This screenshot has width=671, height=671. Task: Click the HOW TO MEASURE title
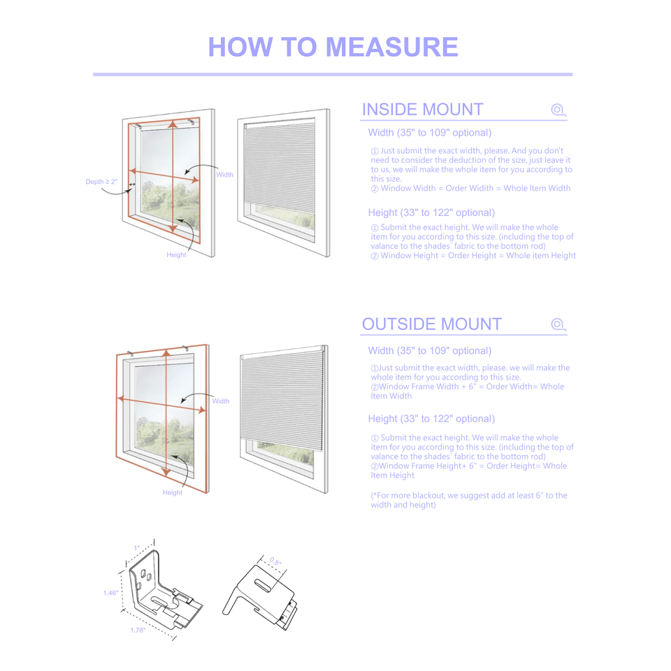(x=333, y=47)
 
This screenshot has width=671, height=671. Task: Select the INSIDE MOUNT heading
(x=422, y=109)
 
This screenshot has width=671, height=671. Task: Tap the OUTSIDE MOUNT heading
(x=431, y=324)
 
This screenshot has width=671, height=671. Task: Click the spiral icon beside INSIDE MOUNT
(x=557, y=110)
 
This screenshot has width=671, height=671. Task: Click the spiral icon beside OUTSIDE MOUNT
(x=557, y=324)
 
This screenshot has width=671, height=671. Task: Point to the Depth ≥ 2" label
(x=101, y=182)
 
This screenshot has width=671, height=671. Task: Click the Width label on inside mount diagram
(x=224, y=175)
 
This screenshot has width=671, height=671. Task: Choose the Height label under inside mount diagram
(x=176, y=255)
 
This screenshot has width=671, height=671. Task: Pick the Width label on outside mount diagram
(x=221, y=401)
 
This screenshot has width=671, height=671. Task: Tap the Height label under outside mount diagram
(x=172, y=493)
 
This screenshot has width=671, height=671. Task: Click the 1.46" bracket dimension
(x=110, y=593)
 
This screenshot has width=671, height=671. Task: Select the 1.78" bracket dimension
(x=138, y=630)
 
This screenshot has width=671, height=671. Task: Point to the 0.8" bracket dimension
(x=275, y=561)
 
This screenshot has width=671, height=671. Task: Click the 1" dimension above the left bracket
(x=137, y=548)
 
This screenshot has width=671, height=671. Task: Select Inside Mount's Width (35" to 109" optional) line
(x=429, y=133)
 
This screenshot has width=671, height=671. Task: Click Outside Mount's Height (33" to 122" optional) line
(x=431, y=419)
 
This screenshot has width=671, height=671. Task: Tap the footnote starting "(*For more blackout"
(x=468, y=500)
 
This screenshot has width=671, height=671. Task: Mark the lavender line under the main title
(x=333, y=74)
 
